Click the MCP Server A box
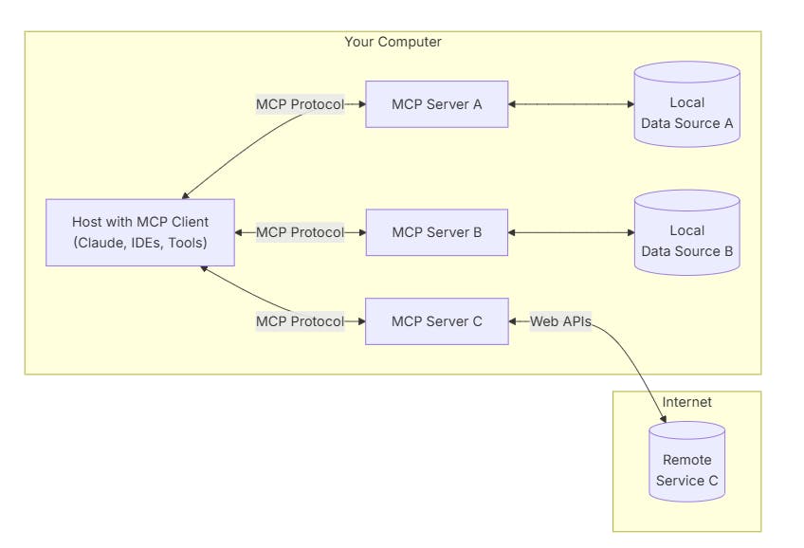tap(437, 104)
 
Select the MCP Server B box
tap(437, 232)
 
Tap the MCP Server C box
tap(437, 321)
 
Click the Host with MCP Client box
tap(140, 232)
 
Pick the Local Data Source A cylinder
tap(687, 104)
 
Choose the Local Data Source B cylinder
tap(687, 232)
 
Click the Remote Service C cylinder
tap(687, 462)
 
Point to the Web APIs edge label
tap(560, 321)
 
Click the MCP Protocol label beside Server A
tap(300, 104)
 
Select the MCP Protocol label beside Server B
tap(300, 232)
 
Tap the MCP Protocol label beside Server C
tap(300, 321)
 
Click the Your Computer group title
tap(393, 42)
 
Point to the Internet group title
tap(686, 402)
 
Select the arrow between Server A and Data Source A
tap(571, 104)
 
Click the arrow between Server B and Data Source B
tap(571, 232)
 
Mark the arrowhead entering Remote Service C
tap(663, 419)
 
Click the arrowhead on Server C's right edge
tap(512, 321)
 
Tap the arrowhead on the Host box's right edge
tap(238, 232)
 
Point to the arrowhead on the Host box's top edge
tap(186, 195)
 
